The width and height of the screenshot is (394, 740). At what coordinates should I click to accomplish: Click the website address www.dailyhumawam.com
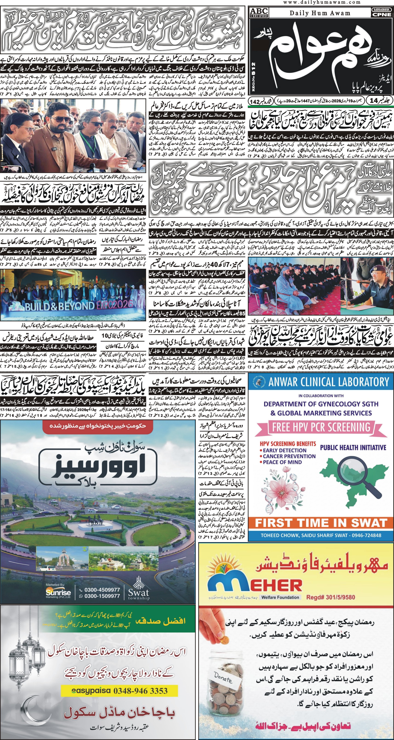(322, 2)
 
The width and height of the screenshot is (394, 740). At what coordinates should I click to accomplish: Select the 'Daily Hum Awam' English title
(320, 13)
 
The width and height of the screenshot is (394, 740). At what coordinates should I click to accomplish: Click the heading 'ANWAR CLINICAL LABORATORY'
(329, 382)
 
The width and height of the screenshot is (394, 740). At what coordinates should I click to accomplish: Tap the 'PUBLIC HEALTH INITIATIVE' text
(353, 447)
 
